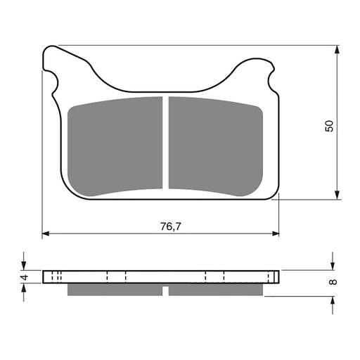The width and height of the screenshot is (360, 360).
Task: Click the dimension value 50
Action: click(329, 125)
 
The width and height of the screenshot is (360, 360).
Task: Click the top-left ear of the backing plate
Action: click(51, 60)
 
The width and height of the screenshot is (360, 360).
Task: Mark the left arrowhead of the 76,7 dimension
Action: click(46, 233)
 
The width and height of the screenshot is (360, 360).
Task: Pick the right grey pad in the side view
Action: click(217, 289)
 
